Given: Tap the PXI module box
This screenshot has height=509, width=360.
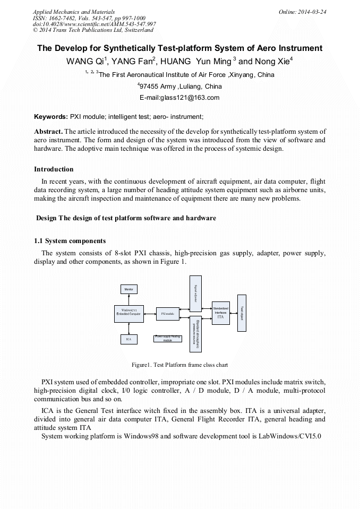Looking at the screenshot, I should pos(168,314).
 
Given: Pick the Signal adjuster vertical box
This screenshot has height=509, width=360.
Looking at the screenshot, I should pos(195,291).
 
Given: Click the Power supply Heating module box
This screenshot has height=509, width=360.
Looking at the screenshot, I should pos(167,338).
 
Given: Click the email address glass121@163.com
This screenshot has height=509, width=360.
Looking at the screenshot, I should pos(179,98).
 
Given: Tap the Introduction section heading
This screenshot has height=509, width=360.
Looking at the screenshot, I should pos(54,169).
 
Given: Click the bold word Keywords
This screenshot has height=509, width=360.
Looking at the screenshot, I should pos(50,116).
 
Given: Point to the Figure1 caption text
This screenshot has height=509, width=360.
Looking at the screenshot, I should pos(179,365).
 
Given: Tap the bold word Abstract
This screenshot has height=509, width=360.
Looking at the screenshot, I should pos(48,131).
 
